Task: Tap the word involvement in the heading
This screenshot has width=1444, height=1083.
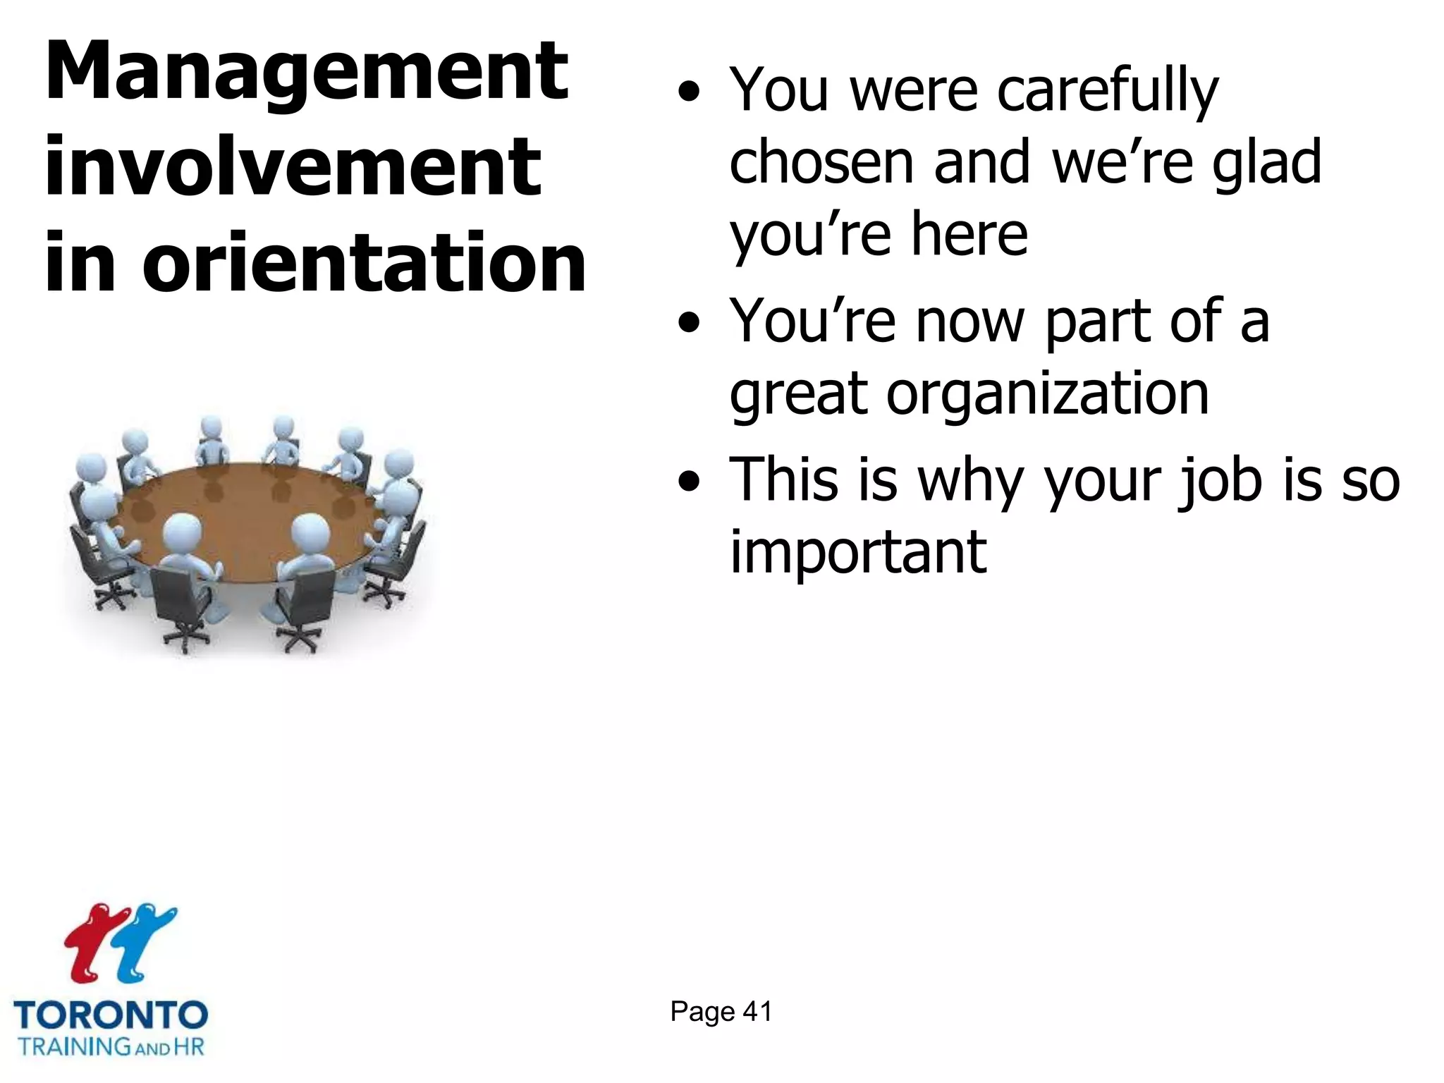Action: [293, 167]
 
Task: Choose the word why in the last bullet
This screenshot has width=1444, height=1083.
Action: [969, 484]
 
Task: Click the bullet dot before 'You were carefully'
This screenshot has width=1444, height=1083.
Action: [689, 92]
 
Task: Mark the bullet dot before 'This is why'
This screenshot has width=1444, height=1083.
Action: [689, 482]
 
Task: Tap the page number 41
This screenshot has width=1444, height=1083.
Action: [757, 1012]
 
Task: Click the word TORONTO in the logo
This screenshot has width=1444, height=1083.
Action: [111, 1015]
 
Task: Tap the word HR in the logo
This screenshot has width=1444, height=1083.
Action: [188, 1046]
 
